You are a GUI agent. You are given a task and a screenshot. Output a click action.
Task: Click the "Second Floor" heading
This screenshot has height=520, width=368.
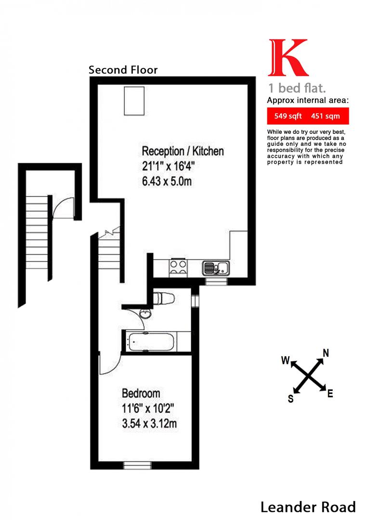coord(123,70)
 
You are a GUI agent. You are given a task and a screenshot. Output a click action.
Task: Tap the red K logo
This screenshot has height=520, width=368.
coord(288,57)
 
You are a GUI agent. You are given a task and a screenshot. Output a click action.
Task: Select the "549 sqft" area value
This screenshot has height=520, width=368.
coord(288,116)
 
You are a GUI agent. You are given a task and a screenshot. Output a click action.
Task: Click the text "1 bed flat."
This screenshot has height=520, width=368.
coord(297,89)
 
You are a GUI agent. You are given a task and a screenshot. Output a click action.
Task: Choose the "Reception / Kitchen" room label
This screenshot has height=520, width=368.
coord(183,151)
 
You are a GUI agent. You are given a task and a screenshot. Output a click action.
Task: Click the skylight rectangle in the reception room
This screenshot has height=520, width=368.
coord(134,101)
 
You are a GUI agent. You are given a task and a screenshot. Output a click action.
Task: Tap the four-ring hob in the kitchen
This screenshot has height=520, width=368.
coord(177,267)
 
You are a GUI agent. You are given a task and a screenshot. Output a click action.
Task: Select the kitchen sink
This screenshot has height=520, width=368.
coord(215,267)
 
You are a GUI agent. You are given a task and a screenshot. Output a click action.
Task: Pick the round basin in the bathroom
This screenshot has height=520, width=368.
coord(145,315)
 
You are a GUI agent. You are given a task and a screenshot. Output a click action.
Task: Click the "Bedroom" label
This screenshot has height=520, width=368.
coord(141,393)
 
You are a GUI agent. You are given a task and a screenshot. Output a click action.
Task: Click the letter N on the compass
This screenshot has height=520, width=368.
coord(326,353)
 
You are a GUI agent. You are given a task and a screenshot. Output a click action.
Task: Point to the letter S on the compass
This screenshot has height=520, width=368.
coord(290,399)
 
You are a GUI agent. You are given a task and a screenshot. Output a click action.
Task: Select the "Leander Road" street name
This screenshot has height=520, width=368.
coord(308,507)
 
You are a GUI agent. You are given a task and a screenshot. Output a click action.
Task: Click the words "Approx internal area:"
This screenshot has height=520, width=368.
coord(307,101)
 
